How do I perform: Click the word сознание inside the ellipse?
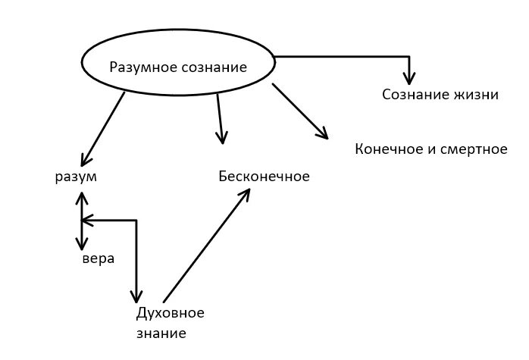tap(214, 67)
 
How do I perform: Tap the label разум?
tap(76, 177)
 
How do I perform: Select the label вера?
tap(99, 259)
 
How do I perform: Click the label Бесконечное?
tap(264, 177)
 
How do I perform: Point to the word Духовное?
tap(170, 313)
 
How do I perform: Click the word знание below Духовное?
tap(161, 333)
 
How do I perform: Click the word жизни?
tap(477, 95)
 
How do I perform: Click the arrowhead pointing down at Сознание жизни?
tap(409, 78)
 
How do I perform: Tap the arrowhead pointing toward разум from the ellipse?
tap(86, 160)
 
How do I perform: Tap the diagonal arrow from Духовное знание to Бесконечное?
tap(206, 245)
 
